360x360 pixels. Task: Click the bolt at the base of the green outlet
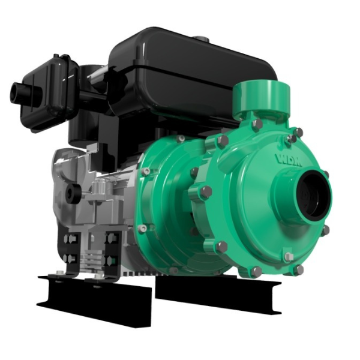pos(257,125)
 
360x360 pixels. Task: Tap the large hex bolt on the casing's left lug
pos(206,192)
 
